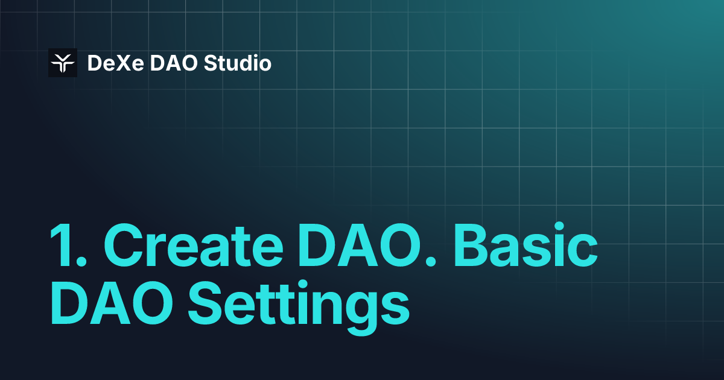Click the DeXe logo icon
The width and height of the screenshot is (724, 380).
click(63, 63)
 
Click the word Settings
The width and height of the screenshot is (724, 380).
click(299, 306)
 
